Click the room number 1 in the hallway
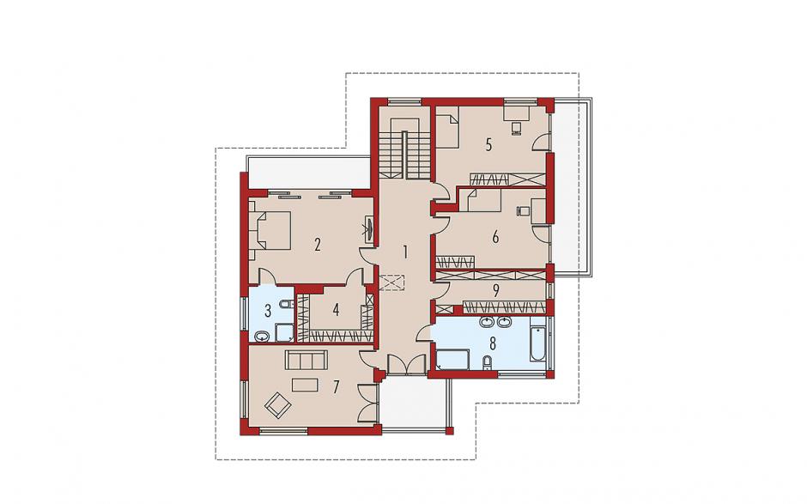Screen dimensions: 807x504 tap(405, 252)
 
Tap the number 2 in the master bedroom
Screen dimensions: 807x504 tap(318, 244)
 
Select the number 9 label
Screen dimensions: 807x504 tap(495, 291)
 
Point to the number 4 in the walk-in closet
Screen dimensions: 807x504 tap(336, 310)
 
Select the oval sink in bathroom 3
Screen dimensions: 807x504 tap(263, 337)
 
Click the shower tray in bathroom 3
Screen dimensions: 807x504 tap(283, 332)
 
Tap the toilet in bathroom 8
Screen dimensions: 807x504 tap(488, 363)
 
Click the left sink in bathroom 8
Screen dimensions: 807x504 tap(487, 323)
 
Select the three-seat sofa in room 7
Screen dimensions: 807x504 tap(306, 360)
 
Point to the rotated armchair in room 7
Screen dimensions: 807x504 tap(278, 405)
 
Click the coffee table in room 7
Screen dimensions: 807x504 tap(306, 385)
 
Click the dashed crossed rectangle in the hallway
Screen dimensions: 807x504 tap(392, 283)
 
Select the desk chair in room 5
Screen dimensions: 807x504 tap(517, 128)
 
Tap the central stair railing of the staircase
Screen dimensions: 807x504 tap(405, 155)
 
